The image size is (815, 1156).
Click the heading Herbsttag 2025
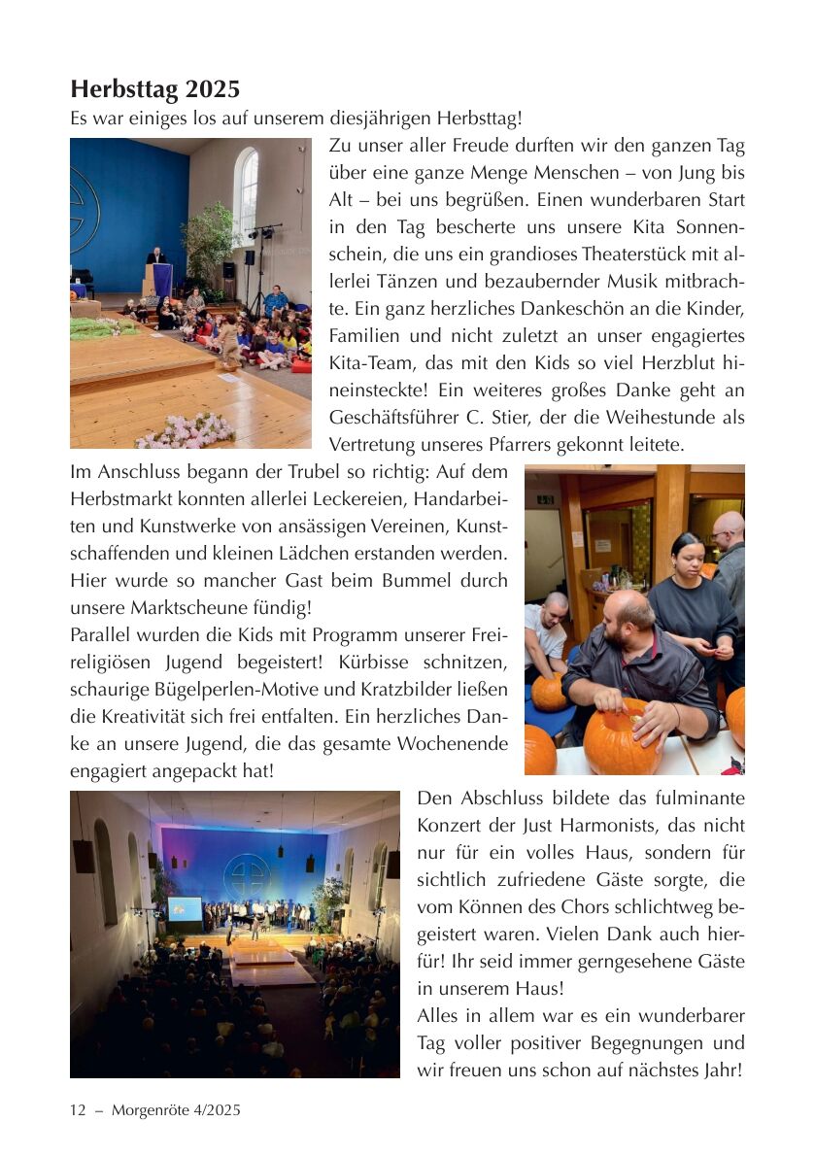(154, 90)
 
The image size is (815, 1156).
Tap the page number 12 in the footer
(79, 1109)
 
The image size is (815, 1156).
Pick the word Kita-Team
(368, 363)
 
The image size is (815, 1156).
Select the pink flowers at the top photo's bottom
(186, 431)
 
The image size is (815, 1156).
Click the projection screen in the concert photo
(185, 909)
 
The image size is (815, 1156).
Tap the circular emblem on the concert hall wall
(247, 875)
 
